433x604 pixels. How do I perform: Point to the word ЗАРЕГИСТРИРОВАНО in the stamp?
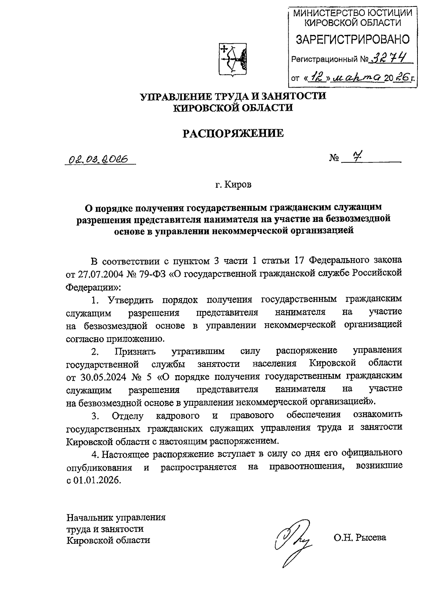(x=353, y=40)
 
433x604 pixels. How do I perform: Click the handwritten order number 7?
(x=357, y=157)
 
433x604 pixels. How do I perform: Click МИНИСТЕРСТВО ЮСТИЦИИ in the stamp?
(x=352, y=13)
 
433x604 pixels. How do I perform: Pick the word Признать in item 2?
(x=135, y=351)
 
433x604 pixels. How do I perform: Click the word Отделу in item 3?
(x=128, y=416)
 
